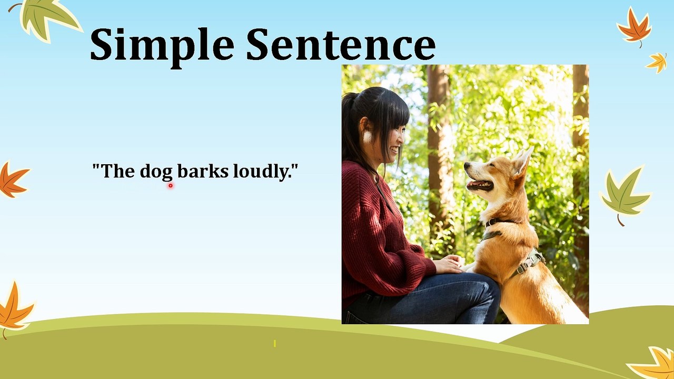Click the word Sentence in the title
coord(341,45)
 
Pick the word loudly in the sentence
coord(261,172)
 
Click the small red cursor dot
coord(171,185)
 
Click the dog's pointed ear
coord(522,161)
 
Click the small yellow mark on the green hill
coord(274,343)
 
